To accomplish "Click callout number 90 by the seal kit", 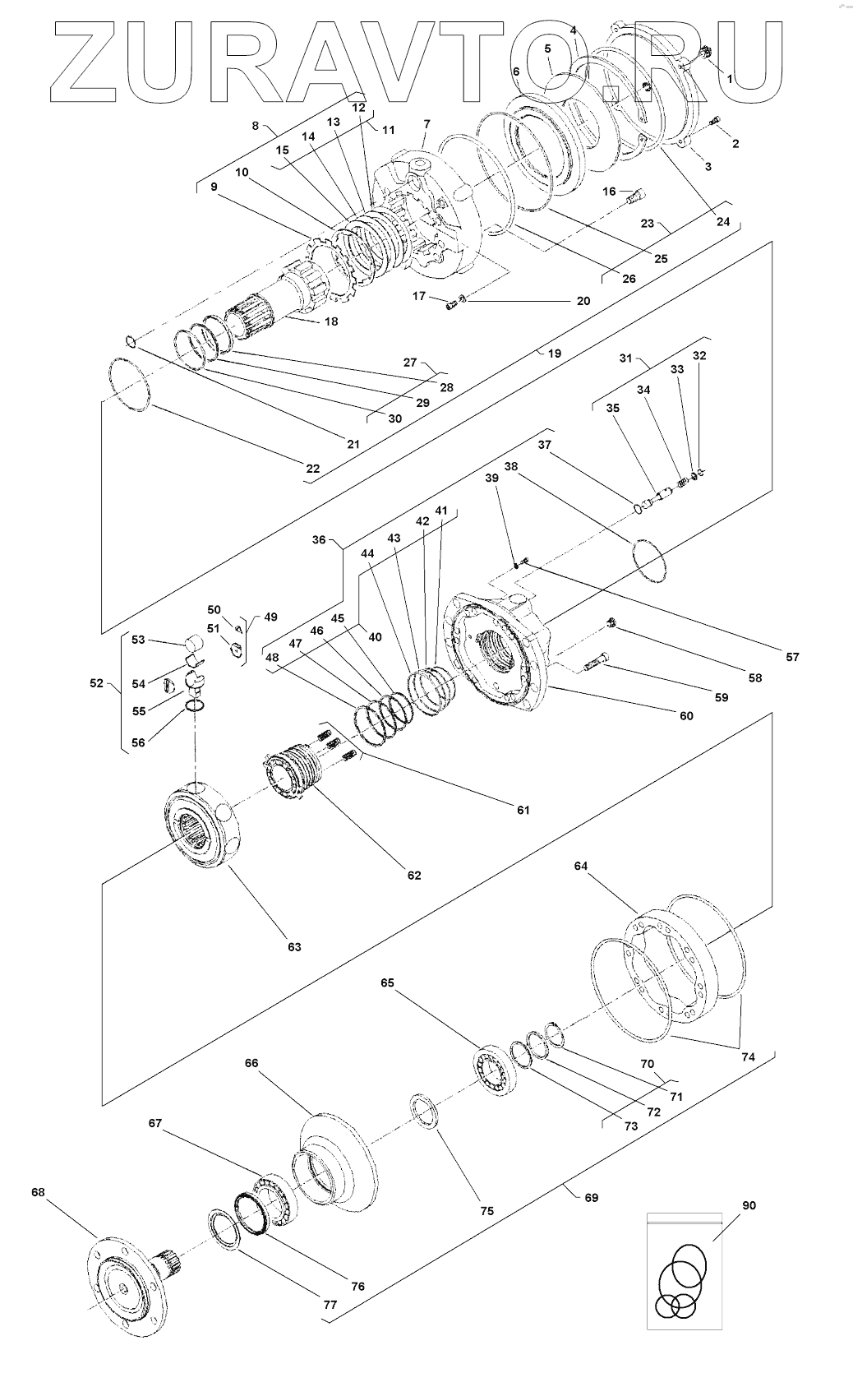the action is tap(749, 1205).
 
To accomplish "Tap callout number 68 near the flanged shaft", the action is tap(38, 1192).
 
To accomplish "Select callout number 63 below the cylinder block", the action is tap(294, 947).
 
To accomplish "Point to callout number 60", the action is tap(686, 715).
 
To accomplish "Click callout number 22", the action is tap(312, 469).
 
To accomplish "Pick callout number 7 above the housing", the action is tap(427, 124).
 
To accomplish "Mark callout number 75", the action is tap(486, 1210).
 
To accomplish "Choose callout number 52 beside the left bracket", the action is tap(97, 682).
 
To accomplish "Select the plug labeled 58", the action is tap(611, 623).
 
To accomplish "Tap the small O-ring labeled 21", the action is tap(130, 340).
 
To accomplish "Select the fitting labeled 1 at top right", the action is tap(705, 53).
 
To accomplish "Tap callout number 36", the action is tap(319, 540).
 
